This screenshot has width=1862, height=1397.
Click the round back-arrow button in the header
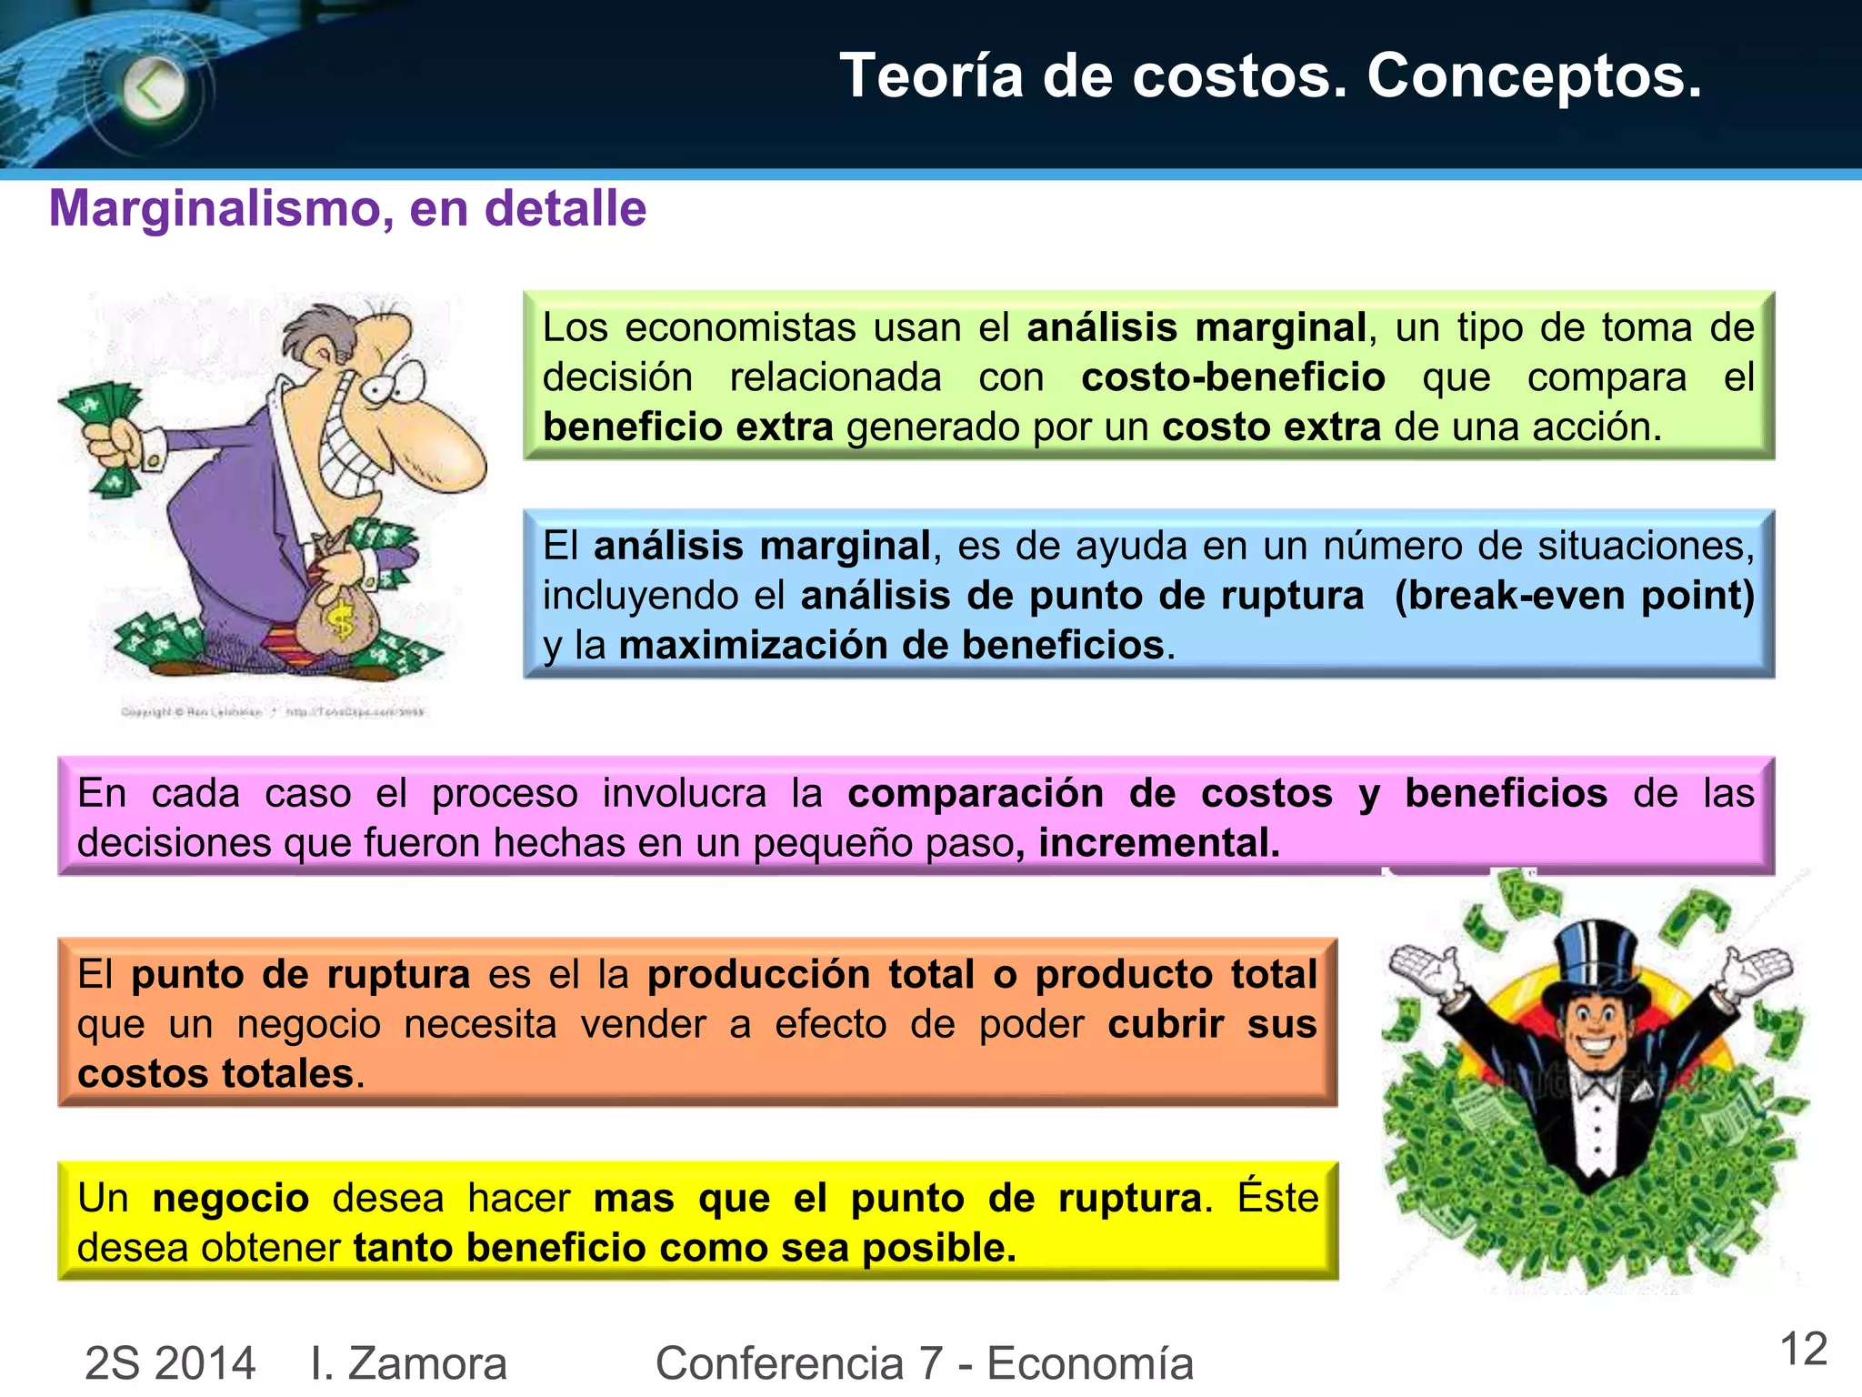(153, 89)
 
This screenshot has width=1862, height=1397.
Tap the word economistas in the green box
(740, 328)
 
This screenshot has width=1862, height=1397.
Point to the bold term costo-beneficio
(1233, 377)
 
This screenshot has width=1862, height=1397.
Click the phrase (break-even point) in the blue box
(1574, 596)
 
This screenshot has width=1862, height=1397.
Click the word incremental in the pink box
(1158, 843)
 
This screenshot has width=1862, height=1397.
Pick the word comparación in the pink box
(975, 793)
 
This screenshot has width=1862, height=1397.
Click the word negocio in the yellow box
(231, 1198)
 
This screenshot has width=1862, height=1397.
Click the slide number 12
(1803, 1349)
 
